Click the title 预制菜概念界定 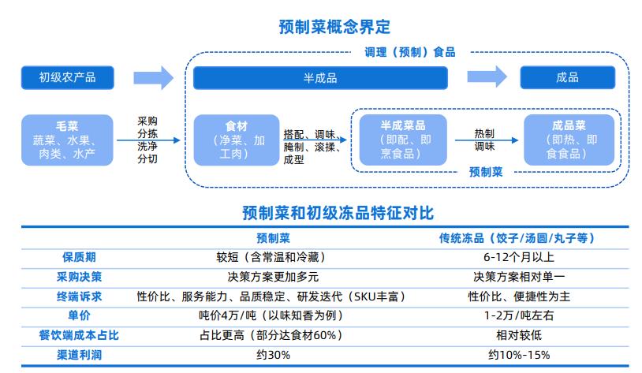point(334,27)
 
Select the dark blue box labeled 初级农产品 point(68,77)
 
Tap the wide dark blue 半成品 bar point(320,78)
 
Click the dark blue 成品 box point(568,77)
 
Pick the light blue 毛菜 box point(67,140)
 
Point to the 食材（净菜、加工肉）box point(237,140)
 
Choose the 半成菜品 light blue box point(403,140)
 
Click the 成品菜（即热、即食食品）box point(569,140)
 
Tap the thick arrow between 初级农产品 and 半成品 point(154,77)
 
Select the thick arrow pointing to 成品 point(487,76)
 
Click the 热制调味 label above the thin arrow point(484,140)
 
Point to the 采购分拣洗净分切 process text point(147,140)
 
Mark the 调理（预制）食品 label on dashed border point(410,52)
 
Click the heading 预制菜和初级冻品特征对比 point(338,213)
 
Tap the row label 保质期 point(79,257)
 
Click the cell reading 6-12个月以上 point(519,257)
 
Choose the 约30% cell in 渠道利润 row point(273,355)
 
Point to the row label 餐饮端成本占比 point(79,335)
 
